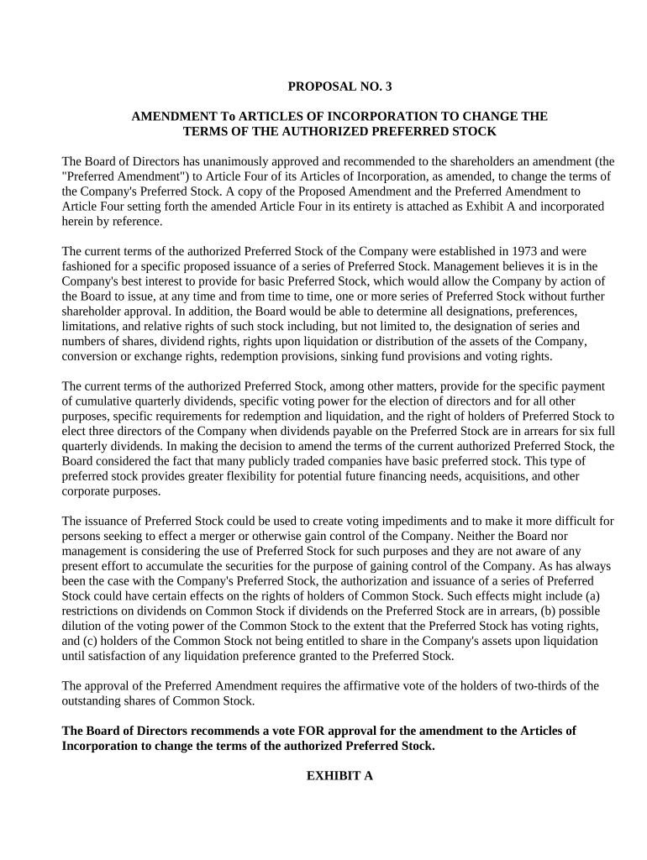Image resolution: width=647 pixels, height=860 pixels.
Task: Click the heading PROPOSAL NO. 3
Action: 339,86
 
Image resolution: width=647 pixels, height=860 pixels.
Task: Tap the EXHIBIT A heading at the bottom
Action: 339,776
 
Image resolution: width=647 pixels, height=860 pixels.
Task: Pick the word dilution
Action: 84,627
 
